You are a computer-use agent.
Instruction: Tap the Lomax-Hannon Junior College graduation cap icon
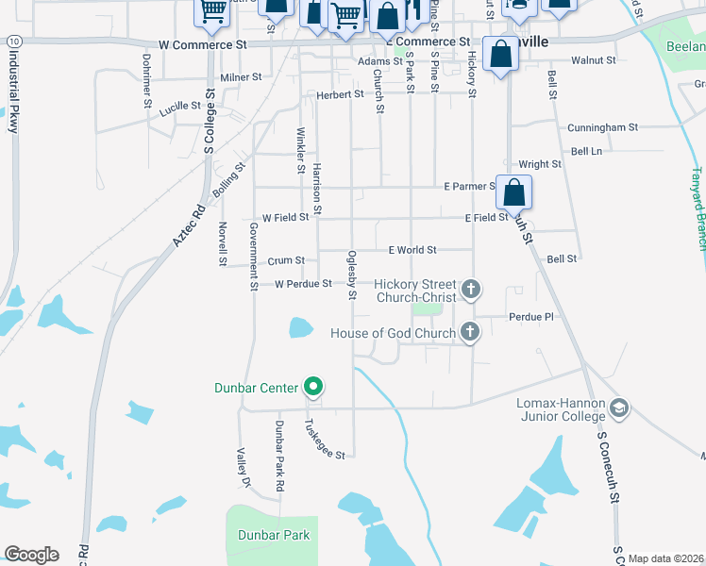tap(619, 408)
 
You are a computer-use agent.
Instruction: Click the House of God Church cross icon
tap(469, 331)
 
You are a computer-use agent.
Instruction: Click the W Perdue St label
tap(302, 284)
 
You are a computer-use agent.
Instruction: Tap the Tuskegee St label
tap(324, 440)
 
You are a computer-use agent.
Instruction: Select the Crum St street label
tap(286, 260)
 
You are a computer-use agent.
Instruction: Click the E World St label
tap(412, 250)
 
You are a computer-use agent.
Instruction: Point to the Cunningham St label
tap(602, 127)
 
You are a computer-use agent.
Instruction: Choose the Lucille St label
tap(179, 108)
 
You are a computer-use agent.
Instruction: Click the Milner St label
tap(240, 77)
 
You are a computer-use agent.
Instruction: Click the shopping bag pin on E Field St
tap(514, 193)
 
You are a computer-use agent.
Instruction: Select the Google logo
tap(31, 555)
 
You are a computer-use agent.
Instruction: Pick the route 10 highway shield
tap(11, 42)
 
